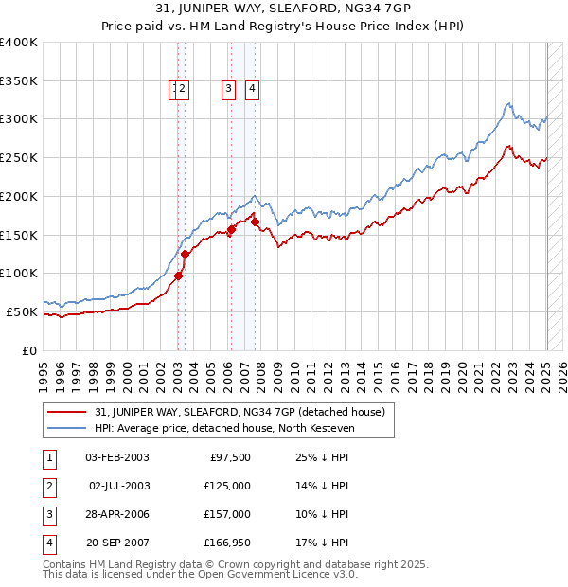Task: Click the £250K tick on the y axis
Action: pos(19,157)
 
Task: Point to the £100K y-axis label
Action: pos(19,273)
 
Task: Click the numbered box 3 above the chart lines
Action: pos(229,90)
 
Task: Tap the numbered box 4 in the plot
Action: pos(252,90)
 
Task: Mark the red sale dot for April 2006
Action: pos(231,229)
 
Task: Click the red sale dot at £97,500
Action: pos(178,276)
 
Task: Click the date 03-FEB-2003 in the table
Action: pos(116,457)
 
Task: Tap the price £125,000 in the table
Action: pos(228,486)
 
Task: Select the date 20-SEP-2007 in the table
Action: pos(116,543)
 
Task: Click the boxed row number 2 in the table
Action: pos(48,486)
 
